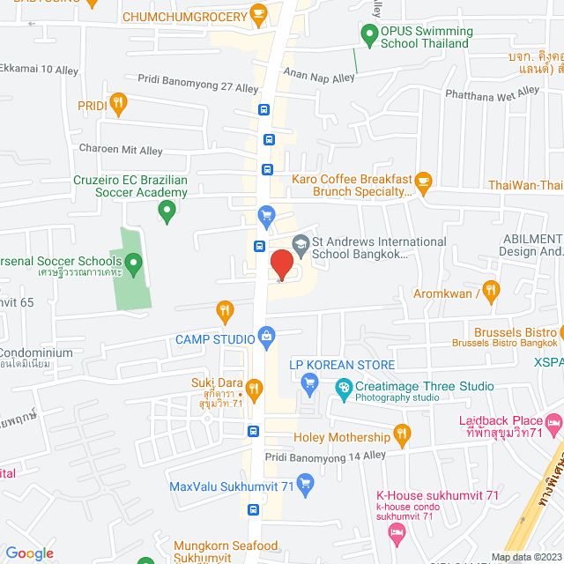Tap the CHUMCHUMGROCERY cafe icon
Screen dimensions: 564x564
click(258, 12)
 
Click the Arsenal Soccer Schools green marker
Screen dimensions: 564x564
click(133, 262)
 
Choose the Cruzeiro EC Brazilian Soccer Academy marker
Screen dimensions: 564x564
click(166, 211)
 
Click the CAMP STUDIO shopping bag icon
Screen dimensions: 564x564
click(266, 336)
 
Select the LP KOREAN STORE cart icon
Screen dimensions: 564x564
click(308, 382)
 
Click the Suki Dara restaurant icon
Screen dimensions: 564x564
click(254, 388)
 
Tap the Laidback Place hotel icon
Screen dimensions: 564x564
click(553, 425)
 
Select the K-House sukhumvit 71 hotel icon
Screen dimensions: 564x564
click(397, 531)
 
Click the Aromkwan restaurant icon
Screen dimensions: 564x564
click(491, 290)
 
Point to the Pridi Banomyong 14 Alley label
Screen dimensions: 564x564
click(326, 456)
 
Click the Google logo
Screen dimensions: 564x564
click(30, 553)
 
